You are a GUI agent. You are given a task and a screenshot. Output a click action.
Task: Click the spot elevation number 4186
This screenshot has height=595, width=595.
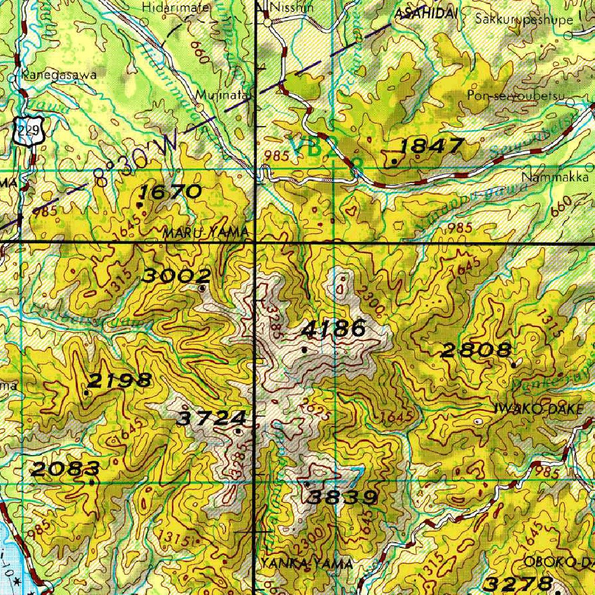[334, 329]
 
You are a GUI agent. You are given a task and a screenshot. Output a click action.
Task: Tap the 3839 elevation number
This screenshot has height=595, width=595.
[343, 497]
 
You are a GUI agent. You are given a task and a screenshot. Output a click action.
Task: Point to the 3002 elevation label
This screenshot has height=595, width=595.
[176, 276]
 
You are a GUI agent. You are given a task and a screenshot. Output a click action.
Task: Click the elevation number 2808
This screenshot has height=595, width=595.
[476, 350]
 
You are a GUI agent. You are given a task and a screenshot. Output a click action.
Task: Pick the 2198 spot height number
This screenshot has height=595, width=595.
[120, 381]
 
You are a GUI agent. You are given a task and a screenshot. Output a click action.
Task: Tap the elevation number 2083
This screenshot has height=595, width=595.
[65, 469]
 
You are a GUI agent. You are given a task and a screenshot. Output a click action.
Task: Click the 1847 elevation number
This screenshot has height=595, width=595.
[431, 146]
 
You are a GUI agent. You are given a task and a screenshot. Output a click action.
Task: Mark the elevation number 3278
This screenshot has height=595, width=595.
[518, 583]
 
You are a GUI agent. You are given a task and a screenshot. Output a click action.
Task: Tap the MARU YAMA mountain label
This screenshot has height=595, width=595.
[206, 233]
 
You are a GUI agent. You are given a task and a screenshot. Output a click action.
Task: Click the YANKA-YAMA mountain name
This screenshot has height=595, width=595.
[306, 564]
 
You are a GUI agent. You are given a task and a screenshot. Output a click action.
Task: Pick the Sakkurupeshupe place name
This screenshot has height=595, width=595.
[524, 19]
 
